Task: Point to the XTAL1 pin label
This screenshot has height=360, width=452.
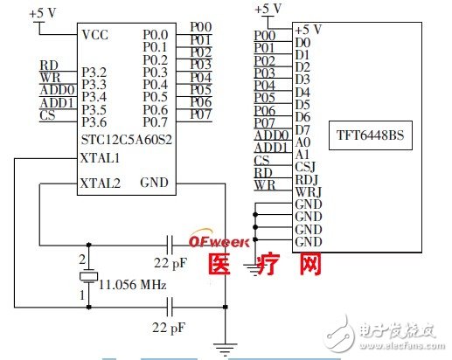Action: pyautogui.click(x=100, y=158)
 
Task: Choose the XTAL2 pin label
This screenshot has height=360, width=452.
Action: pyautogui.click(x=100, y=184)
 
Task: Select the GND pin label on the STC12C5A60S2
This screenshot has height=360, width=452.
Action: pyautogui.click(x=156, y=184)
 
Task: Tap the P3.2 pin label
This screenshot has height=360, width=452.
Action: pyautogui.click(x=94, y=73)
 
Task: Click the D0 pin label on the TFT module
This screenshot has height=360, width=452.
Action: pyautogui.click(x=301, y=41)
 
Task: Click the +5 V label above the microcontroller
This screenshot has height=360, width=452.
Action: pyautogui.click(x=45, y=15)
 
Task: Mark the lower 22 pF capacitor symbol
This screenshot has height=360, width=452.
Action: pyautogui.click(x=171, y=307)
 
